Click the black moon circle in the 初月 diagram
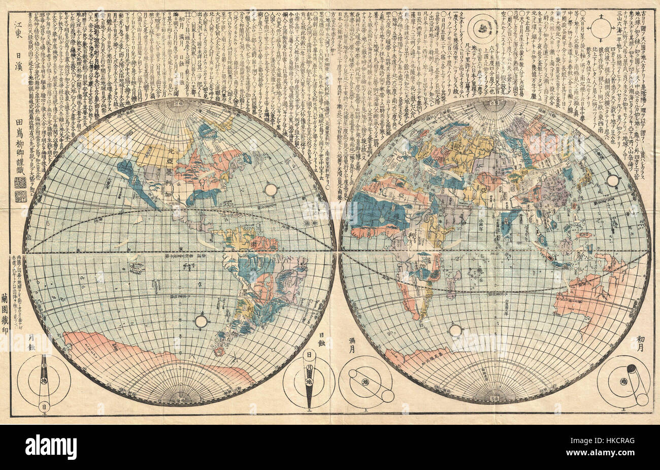tap(632, 369)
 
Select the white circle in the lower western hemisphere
tap(202, 321)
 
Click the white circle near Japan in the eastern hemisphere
tap(613, 180)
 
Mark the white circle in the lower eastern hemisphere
tap(455, 330)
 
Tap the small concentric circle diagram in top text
tap(482, 26)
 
